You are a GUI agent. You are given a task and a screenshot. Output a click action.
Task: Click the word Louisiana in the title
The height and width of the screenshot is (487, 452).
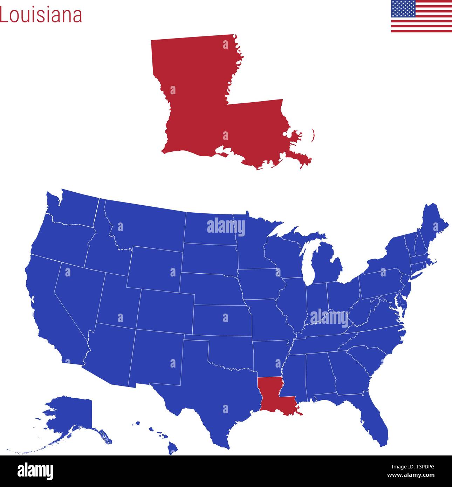coord(41,15)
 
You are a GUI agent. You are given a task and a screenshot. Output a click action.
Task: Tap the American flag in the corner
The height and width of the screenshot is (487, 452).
coord(421,16)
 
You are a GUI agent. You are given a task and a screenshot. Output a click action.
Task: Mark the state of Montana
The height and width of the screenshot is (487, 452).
coord(147,224)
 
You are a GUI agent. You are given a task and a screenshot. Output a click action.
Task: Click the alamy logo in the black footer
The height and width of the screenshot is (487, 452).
coord(35,471)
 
